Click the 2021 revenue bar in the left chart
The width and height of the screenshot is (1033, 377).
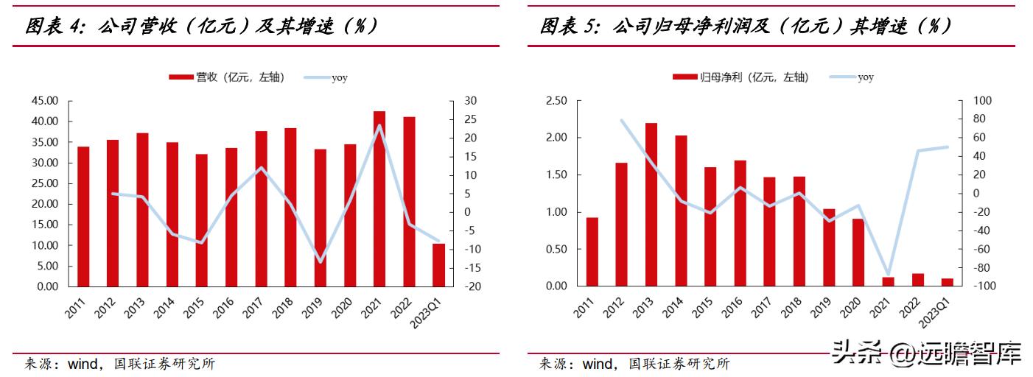tap(379, 199)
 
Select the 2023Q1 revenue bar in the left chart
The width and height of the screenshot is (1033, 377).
tap(438, 264)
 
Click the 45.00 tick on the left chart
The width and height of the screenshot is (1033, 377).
tap(47, 101)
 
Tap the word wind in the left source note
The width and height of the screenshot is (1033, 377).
tap(83, 364)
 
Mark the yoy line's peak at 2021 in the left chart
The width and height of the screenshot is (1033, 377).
tap(379, 125)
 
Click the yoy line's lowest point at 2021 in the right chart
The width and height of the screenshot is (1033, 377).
tap(888, 275)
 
